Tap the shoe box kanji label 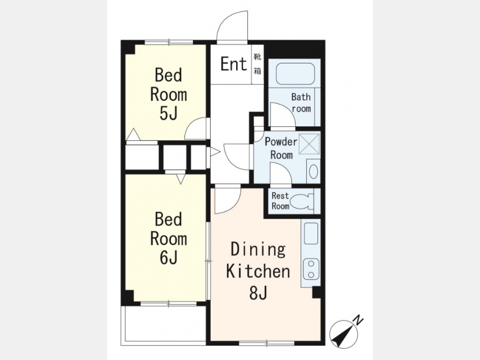click(x=258, y=64)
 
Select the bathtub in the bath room click(x=295, y=74)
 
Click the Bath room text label click(x=301, y=103)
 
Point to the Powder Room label click(x=281, y=148)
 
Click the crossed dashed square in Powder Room click(x=309, y=143)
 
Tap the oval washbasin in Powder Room click(x=313, y=171)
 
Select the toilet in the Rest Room click(x=302, y=202)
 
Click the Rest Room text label click(x=280, y=201)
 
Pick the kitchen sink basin click(x=311, y=233)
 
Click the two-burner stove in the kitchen click(x=311, y=269)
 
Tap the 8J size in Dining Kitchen click(x=258, y=293)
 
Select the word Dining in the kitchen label click(x=258, y=250)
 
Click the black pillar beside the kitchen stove click(x=316, y=293)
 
